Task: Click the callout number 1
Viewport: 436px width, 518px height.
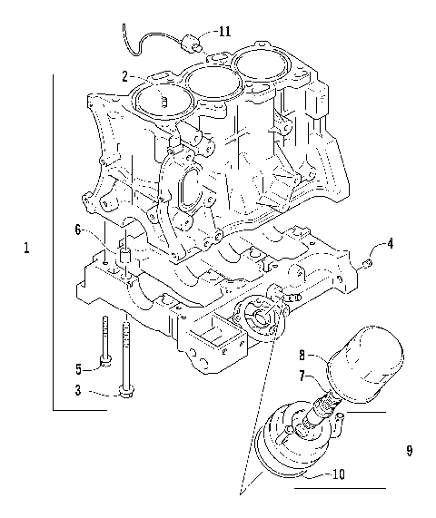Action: pos(26,248)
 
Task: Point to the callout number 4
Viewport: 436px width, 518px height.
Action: pos(389,242)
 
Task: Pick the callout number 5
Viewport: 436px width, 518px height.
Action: pos(78,367)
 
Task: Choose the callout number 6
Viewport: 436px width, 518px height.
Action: pos(78,230)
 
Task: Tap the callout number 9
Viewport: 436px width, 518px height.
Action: pos(410,449)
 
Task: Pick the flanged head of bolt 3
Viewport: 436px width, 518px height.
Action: pos(125,391)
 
